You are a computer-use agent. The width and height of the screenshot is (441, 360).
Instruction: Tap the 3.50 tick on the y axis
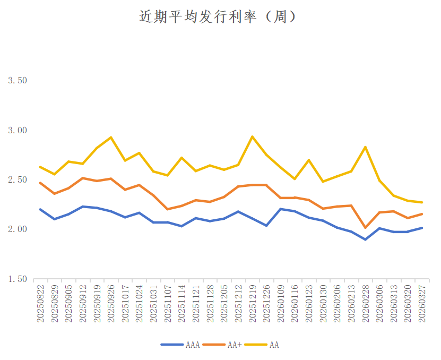(x=17, y=81)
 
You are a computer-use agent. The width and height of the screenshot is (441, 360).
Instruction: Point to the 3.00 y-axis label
(x=17, y=130)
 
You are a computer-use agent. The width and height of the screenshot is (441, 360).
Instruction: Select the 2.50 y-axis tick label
(x=17, y=180)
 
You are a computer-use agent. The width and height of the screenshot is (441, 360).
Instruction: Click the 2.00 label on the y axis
(x=17, y=229)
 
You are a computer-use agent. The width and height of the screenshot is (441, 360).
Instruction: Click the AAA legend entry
(x=180, y=345)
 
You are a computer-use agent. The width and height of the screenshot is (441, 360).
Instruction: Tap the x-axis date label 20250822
(x=41, y=303)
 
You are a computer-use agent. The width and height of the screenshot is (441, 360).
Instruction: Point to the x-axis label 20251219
(x=252, y=303)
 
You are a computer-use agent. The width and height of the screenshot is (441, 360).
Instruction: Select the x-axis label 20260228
(x=366, y=303)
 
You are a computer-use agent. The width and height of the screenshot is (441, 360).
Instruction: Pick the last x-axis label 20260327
(x=422, y=303)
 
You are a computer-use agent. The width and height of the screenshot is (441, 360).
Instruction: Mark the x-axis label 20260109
(x=281, y=303)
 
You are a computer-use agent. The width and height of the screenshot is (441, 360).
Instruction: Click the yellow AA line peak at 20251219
(x=252, y=136)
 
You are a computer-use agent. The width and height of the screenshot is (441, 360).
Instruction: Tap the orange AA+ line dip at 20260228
(x=366, y=228)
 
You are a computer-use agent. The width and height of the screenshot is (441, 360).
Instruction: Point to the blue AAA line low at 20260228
(x=366, y=239)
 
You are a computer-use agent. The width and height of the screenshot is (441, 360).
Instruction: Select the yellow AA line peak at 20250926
(x=111, y=138)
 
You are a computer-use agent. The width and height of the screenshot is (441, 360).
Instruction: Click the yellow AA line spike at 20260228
(x=366, y=147)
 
